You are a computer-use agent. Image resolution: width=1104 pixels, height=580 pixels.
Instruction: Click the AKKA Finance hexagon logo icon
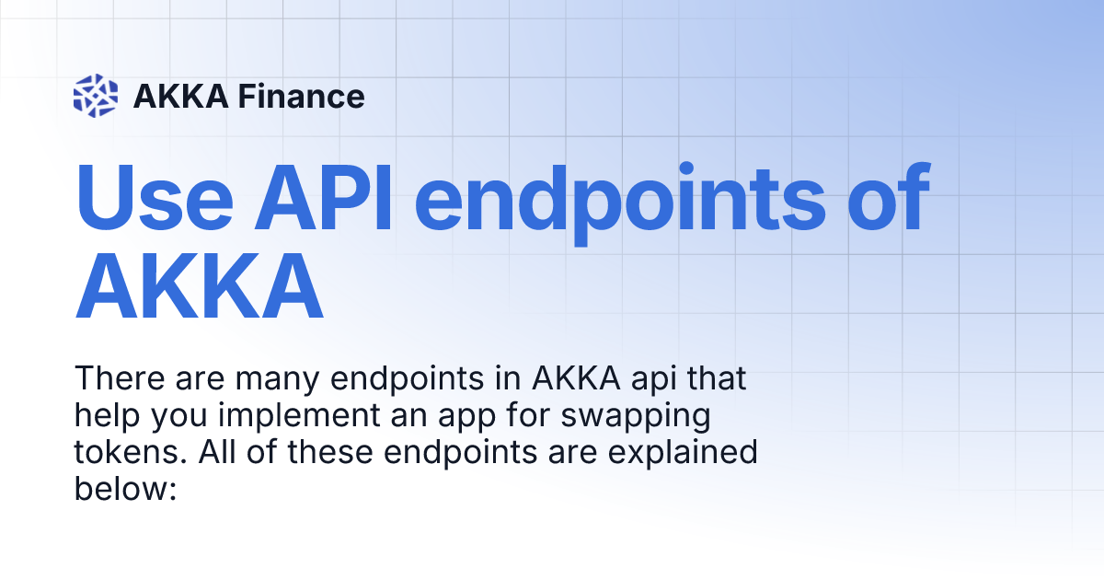point(96,96)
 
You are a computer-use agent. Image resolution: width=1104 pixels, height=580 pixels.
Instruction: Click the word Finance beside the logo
point(301,96)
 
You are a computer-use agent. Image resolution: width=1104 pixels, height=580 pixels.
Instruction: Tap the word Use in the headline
point(154,197)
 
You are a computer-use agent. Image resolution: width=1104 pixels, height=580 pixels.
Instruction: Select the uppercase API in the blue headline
point(323,197)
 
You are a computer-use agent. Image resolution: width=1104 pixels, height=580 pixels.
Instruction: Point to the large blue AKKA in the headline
point(199,286)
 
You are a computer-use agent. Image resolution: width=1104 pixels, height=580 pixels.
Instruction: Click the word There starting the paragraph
point(120,378)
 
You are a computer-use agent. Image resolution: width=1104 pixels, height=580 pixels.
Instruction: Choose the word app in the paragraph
point(466,418)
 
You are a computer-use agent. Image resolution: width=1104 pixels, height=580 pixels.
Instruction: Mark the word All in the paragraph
point(217,452)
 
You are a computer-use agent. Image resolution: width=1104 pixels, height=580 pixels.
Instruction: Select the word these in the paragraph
point(330,452)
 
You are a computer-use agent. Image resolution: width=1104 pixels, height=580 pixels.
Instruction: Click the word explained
point(683,454)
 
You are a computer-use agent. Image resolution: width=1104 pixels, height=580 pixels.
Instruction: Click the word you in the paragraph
point(178,419)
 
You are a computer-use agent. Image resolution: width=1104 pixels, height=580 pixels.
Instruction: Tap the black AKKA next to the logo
point(181,96)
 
